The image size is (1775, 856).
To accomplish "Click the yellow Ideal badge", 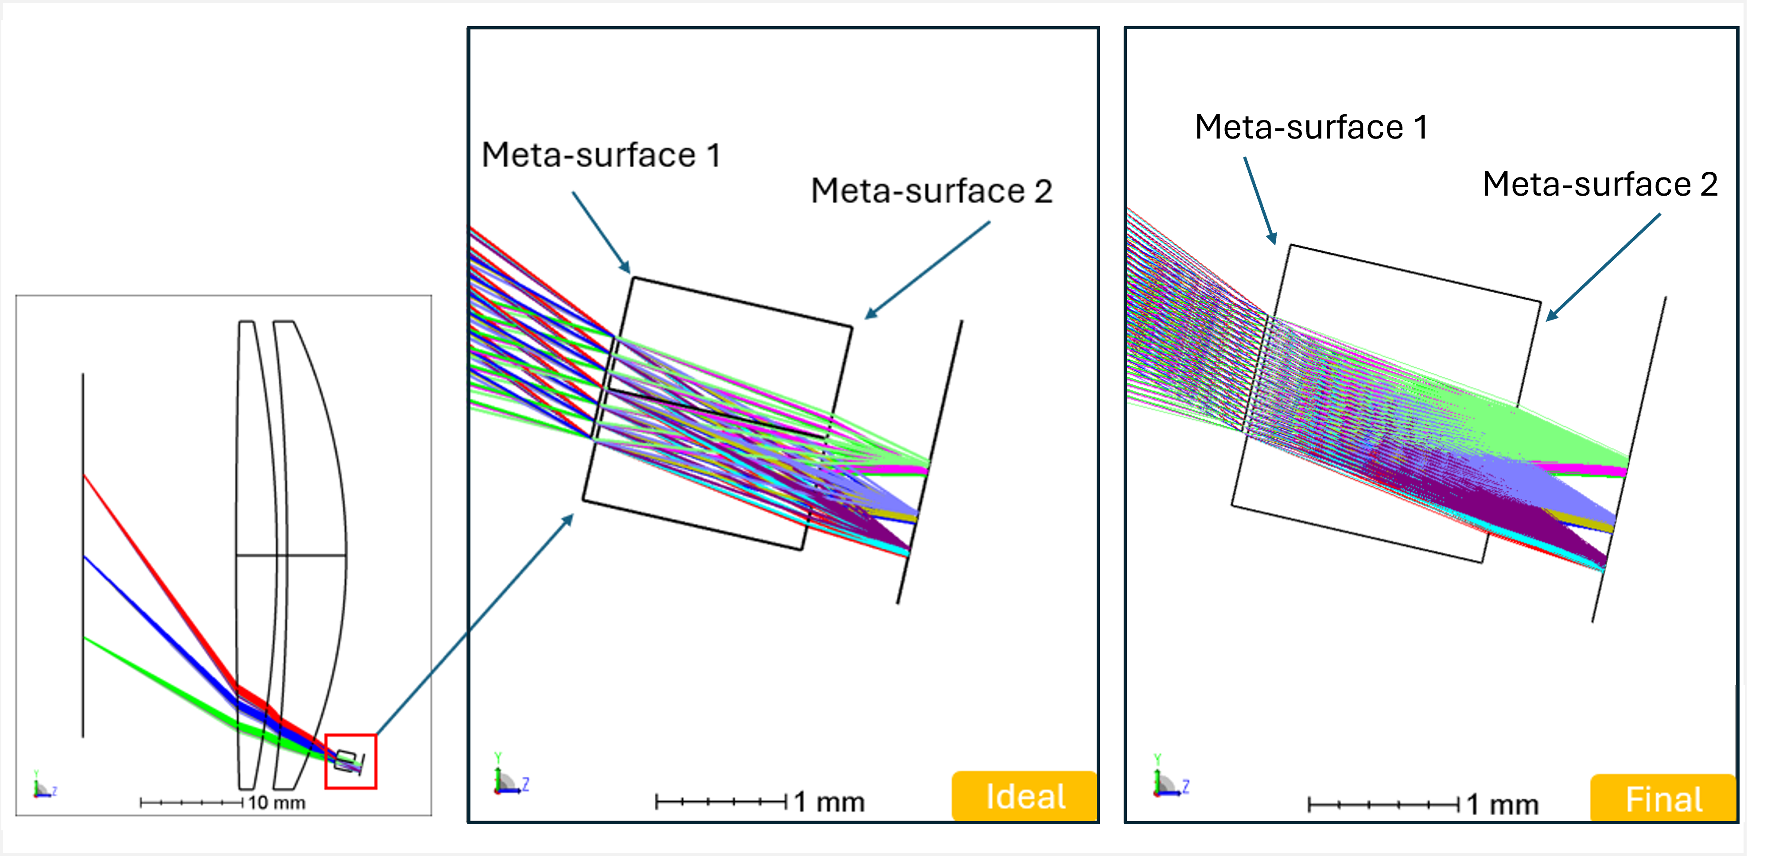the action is pos(1025,796).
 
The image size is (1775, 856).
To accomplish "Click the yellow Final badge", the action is pos(1663,798).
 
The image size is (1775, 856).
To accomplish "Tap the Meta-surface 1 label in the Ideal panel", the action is pos(601,155).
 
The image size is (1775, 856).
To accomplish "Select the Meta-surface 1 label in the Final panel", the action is pos(1311,127).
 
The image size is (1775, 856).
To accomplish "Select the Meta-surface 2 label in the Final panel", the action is pos(1600,185).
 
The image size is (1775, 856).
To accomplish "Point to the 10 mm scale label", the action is pos(276,803).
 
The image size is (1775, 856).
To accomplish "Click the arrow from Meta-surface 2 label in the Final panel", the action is pos(1603,267).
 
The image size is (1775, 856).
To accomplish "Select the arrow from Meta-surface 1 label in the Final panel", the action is pos(1260,201).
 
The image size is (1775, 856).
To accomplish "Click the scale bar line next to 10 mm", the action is pos(191,802).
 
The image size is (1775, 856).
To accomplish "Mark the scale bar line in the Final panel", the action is pos(1383,804).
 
